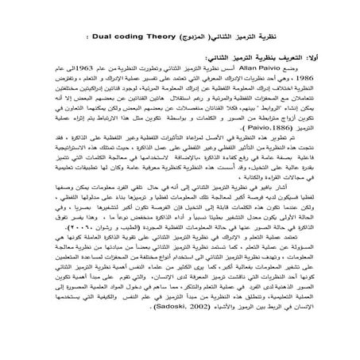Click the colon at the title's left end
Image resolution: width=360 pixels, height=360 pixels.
84,37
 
